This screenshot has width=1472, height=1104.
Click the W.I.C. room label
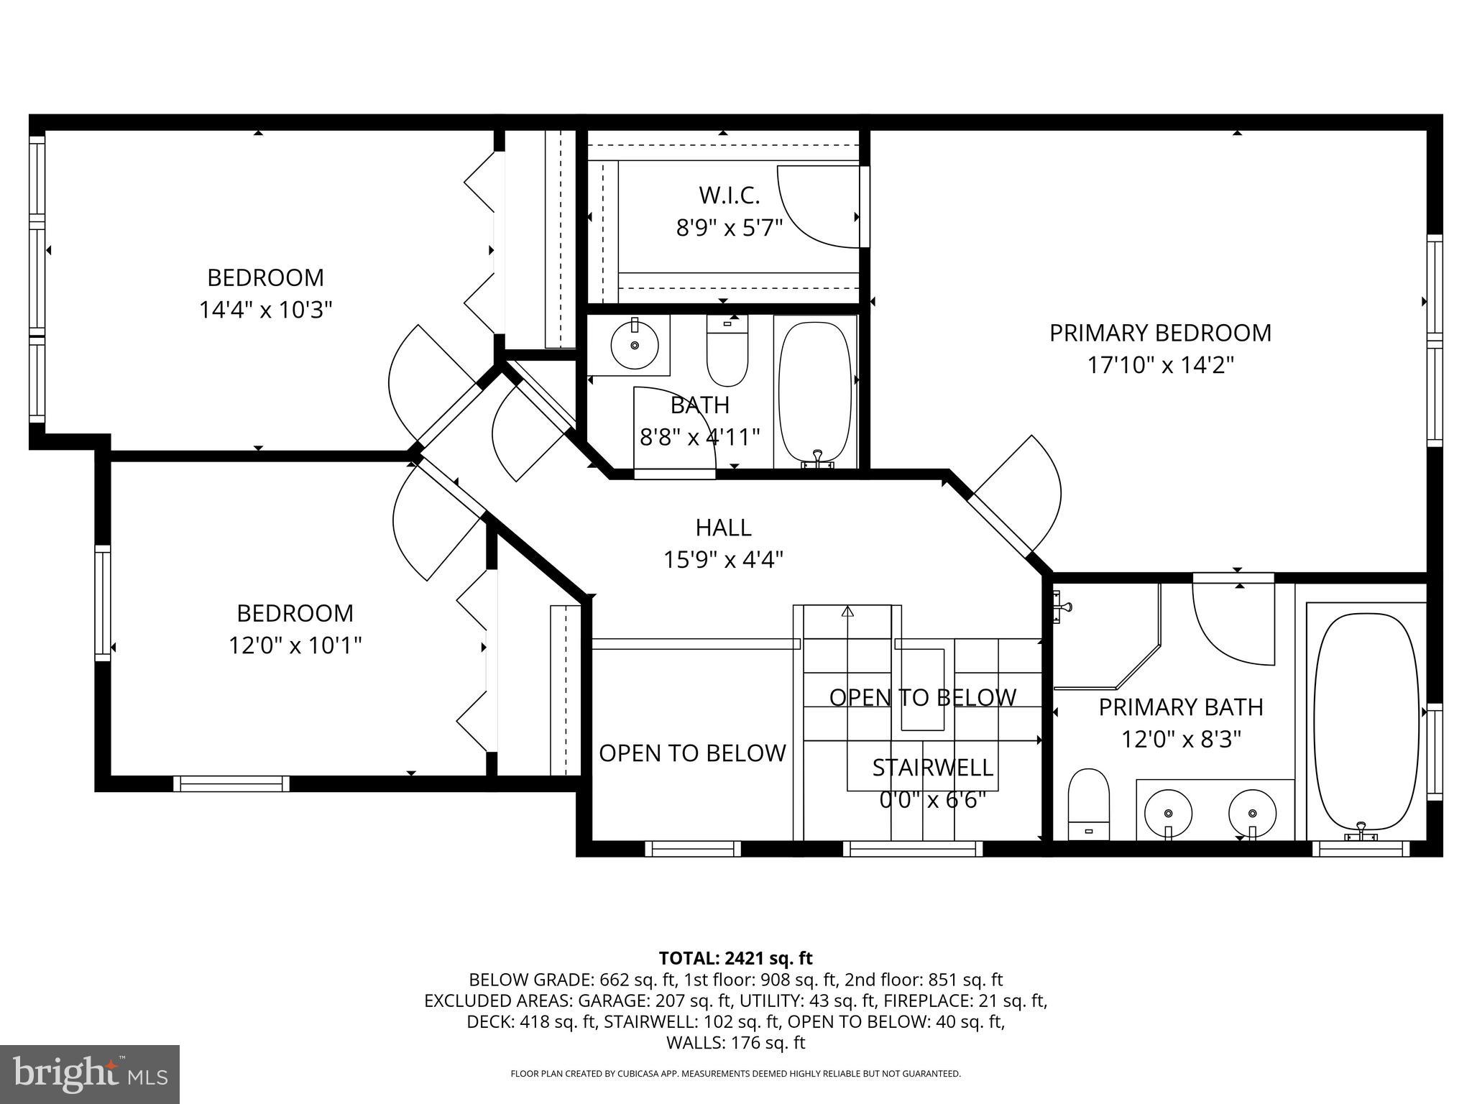pos(729,195)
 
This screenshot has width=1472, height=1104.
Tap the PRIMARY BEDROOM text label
pos(1160,333)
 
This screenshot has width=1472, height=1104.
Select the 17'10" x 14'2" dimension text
pos(1160,365)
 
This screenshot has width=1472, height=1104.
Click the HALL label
pos(723,528)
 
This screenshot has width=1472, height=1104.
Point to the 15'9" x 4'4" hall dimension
pos(723,559)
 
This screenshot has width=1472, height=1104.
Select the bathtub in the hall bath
pos(815,392)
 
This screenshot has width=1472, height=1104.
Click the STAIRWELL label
pos(932,768)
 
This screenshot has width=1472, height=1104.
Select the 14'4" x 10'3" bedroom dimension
pos(265,310)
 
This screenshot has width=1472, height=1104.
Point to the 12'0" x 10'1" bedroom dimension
pos(295,645)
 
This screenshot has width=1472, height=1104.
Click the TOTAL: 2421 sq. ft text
pos(735,958)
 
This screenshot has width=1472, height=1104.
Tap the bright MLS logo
pos(90,1074)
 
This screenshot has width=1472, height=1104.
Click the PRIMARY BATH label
pos(1180,707)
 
